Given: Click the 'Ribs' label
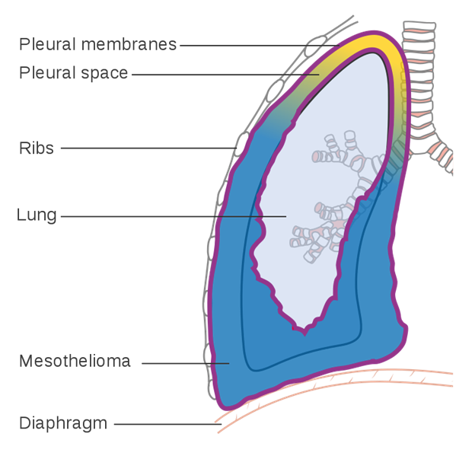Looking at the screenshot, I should click(x=37, y=148).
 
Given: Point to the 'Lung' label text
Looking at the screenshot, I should click(x=37, y=215).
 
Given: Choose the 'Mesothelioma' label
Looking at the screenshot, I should click(x=75, y=362).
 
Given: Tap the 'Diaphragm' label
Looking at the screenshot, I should click(x=63, y=423).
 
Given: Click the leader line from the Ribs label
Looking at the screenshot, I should click(x=145, y=148).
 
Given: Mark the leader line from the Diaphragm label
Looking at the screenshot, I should click(x=167, y=423).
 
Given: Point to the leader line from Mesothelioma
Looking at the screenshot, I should click(x=183, y=363).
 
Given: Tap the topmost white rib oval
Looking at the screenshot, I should click(x=313, y=47).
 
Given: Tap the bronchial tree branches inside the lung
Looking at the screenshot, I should click(x=335, y=198).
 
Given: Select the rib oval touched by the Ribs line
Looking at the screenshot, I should click(x=242, y=144).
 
